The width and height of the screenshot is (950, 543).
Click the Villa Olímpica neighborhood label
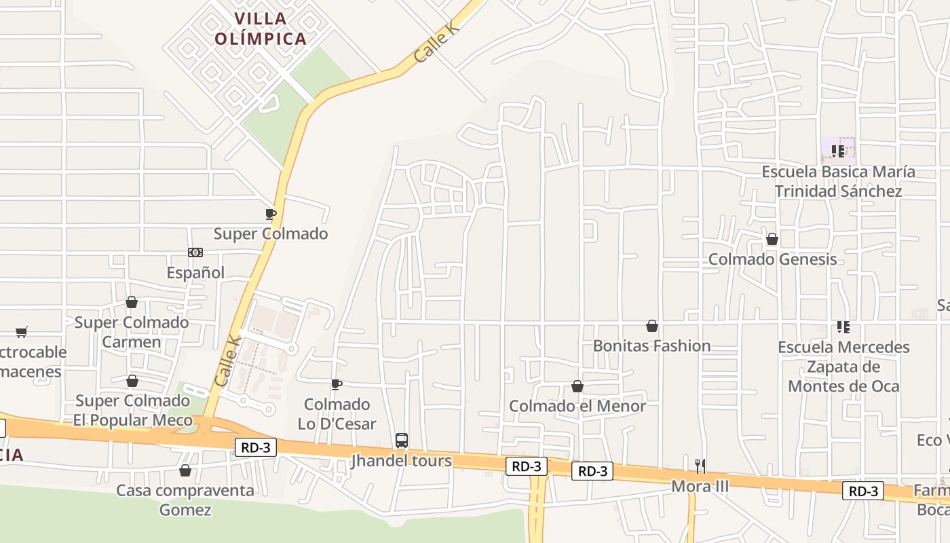[x=261, y=29]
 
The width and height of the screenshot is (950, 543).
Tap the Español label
[x=195, y=272]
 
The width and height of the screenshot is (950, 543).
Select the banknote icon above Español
[x=195, y=252]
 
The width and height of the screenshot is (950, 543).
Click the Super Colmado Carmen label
[x=132, y=332]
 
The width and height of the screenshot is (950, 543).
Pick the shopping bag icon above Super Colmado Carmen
[x=132, y=302]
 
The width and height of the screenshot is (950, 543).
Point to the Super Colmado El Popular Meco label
[x=132, y=410]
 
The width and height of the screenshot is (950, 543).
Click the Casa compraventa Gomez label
[x=185, y=500]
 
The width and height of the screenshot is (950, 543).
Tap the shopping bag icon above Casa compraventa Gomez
[x=185, y=470]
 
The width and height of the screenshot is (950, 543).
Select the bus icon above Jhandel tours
[x=402, y=441]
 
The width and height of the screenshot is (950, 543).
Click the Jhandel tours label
[x=401, y=461]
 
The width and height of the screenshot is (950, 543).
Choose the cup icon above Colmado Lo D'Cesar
[x=337, y=385]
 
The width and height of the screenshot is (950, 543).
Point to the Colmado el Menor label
[x=577, y=406]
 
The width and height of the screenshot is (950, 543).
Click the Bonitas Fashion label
[x=651, y=345]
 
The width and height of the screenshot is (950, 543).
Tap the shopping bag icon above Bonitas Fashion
[x=652, y=326]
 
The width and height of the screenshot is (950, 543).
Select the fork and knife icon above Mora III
[x=700, y=466]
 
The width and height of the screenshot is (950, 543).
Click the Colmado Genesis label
[x=772, y=259]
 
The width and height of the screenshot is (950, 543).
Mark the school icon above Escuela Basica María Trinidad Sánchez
[x=838, y=151]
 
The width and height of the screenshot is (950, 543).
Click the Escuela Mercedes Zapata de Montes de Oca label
[x=843, y=367]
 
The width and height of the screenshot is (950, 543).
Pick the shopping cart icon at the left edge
[x=22, y=333]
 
